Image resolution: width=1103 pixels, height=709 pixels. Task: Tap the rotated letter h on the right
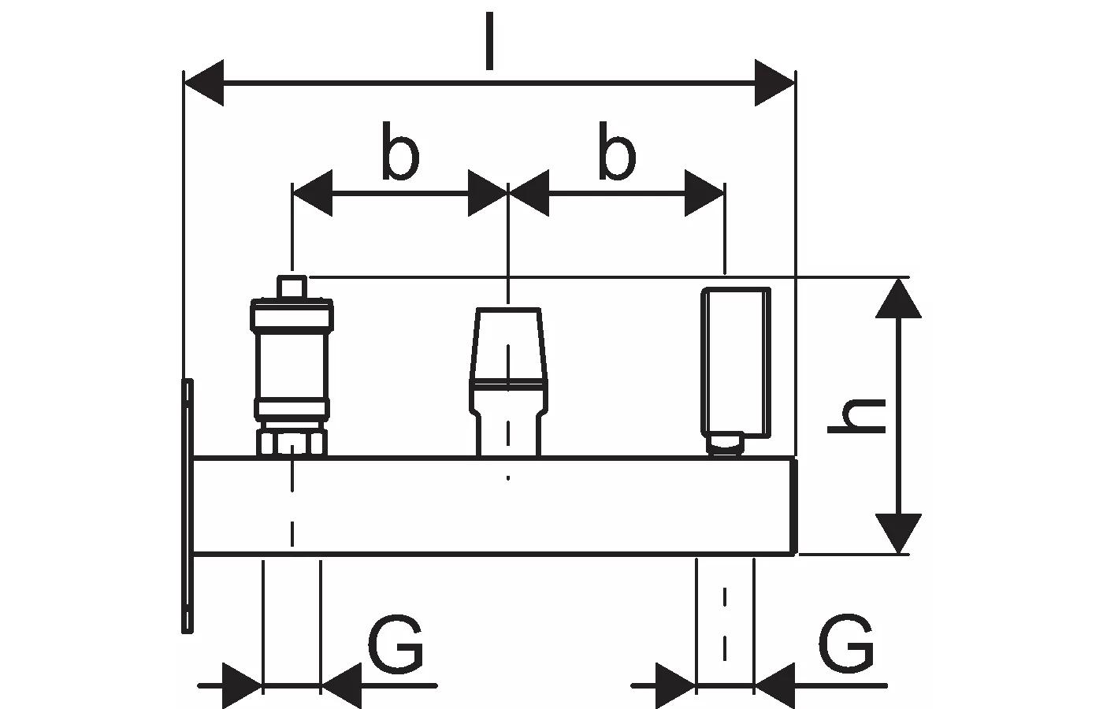[858, 417]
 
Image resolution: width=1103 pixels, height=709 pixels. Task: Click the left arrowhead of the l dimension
[203, 83]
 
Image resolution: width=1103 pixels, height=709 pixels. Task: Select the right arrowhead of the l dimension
[775, 83]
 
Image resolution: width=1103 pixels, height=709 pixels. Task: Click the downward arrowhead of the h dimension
[898, 533]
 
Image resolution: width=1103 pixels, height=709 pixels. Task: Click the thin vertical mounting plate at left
[187, 504]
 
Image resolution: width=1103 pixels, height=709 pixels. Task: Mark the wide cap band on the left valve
[292, 314]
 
